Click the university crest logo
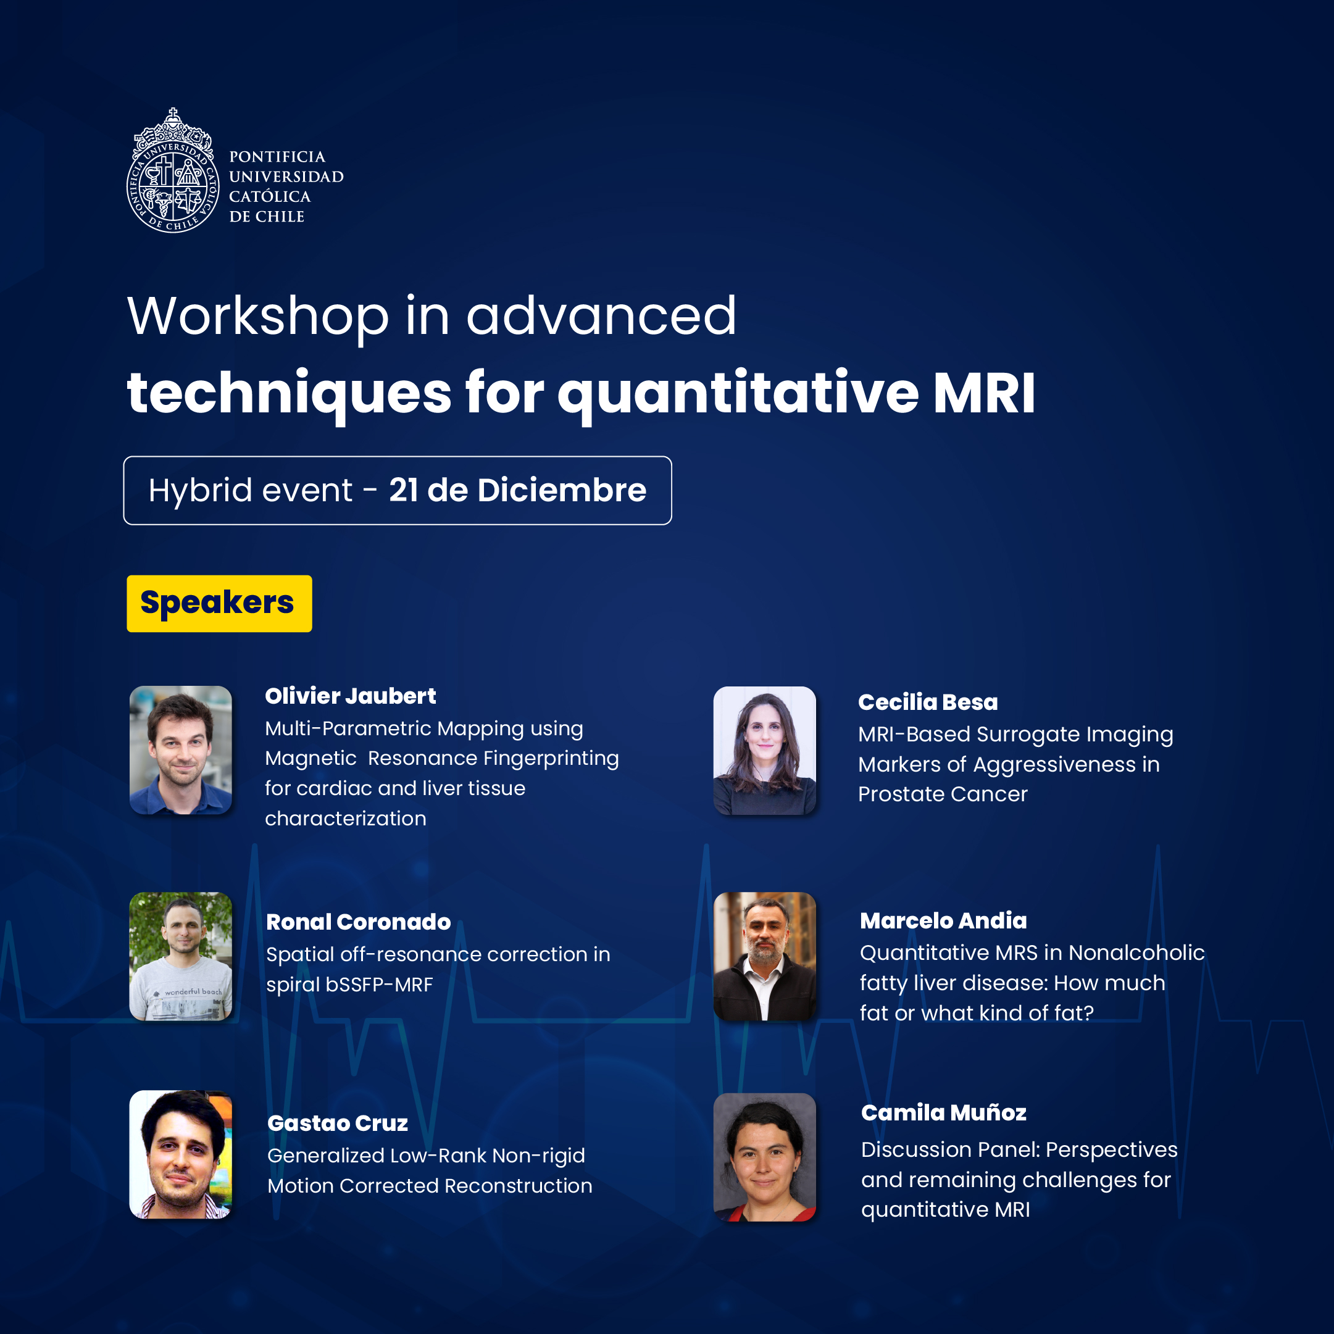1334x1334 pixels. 173,170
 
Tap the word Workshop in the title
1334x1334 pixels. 258,317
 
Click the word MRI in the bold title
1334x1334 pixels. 984,392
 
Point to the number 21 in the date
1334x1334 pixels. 403,490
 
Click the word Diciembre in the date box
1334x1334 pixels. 562,490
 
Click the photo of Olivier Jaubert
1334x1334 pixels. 181,750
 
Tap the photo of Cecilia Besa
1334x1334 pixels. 764,751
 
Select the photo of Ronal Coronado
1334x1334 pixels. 181,956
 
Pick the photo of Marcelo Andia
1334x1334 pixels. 764,956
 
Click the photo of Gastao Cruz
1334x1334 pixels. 181,1154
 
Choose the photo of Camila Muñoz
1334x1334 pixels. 764,1157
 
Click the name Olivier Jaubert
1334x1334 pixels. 350,696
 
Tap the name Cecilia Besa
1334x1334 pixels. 928,702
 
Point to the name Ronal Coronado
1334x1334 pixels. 359,922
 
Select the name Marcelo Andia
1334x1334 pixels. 943,920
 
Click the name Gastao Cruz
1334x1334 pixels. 338,1123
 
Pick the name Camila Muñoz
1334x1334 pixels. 944,1112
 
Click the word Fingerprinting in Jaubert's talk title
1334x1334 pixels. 551,759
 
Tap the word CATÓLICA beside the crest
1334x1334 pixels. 270,197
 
